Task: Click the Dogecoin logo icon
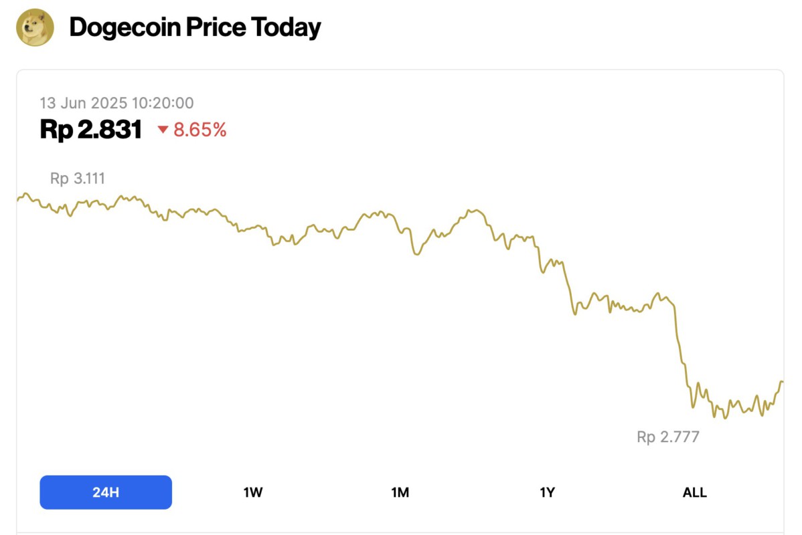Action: [35, 27]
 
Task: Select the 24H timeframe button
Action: [106, 493]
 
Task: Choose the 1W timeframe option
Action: [253, 493]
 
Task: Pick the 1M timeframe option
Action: [400, 493]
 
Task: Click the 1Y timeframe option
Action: [548, 493]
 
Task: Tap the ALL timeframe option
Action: [694, 493]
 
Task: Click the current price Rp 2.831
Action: [91, 130]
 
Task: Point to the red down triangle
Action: [163, 130]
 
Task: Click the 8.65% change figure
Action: [200, 130]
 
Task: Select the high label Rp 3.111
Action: [78, 179]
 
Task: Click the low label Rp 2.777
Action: [668, 437]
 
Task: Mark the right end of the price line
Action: [782, 382]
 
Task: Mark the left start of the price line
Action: [17, 199]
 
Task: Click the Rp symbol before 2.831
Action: [55, 130]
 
